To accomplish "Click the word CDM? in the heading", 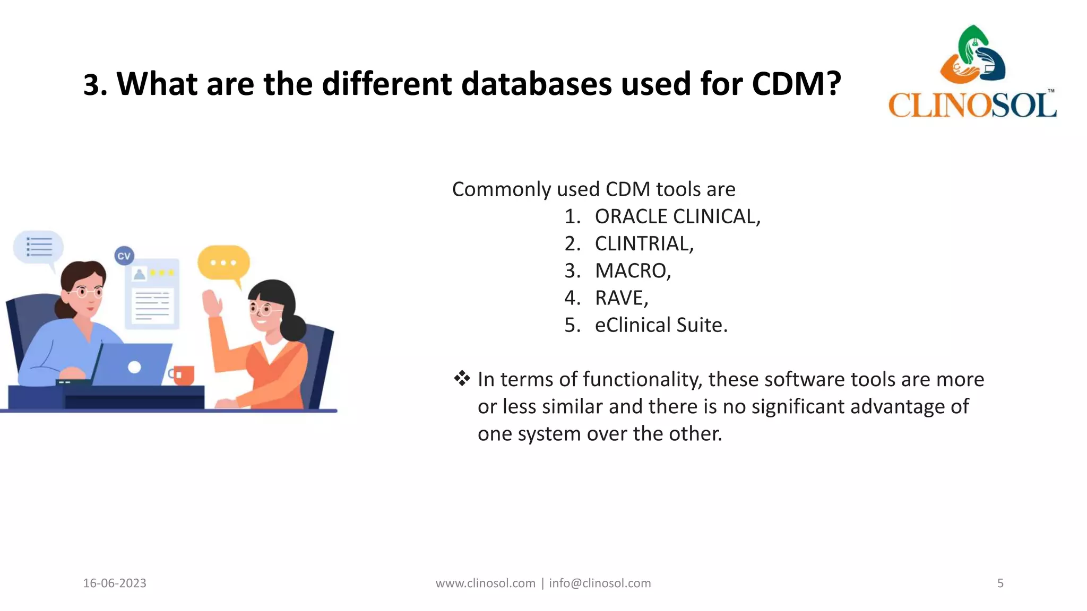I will tap(796, 84).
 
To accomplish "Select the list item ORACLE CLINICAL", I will tap(677, 216).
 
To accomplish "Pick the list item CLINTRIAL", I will tap(644, 243).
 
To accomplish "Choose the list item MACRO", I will tap(633, 270).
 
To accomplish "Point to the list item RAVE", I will tap(622, 298).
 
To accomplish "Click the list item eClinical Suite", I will tap(661, 325).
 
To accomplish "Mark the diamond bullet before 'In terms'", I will tap(462, 379).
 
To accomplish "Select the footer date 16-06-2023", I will tap(115, 583).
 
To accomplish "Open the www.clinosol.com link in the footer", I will tap(485, 583).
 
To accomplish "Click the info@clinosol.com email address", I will tap(600, 583).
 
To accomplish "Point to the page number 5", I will tap(1000, 583).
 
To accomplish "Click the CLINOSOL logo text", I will tap(972, 105).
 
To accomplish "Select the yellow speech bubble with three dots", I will tap(223, 263).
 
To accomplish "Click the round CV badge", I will tap(124, 256).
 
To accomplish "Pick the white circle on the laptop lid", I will tap(135, 367).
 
